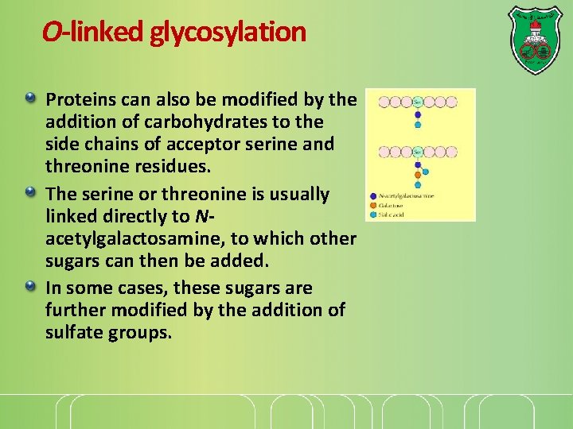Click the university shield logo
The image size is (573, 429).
point(535,41)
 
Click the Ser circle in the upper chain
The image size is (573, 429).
point(417,102)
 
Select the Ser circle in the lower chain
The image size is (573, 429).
point(417,152)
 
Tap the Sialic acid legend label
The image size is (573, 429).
point(391,214)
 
